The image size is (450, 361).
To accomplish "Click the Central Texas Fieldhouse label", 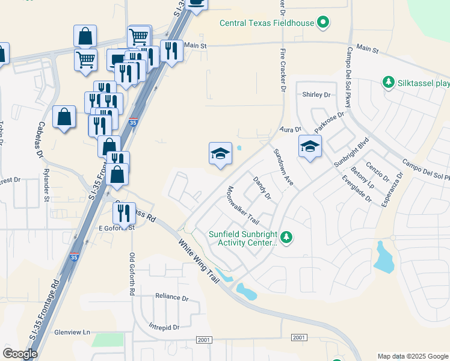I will tap(267, 23).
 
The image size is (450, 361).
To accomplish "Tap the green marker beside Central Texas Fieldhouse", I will tap(324, 23).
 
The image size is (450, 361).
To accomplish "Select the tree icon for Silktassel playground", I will tap(388, 82).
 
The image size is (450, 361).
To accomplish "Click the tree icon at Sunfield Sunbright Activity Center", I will tap(287, 238).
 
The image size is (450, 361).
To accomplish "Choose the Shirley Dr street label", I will tap(316, 95).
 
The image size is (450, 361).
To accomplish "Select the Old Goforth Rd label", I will tap(132, 274).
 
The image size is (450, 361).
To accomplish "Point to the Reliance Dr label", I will tap(171, 297).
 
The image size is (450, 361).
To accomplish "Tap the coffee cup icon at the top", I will tap(197, 2).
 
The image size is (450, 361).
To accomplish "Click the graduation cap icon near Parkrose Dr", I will tap(310, 146).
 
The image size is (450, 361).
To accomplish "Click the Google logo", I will tap(20, 354).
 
